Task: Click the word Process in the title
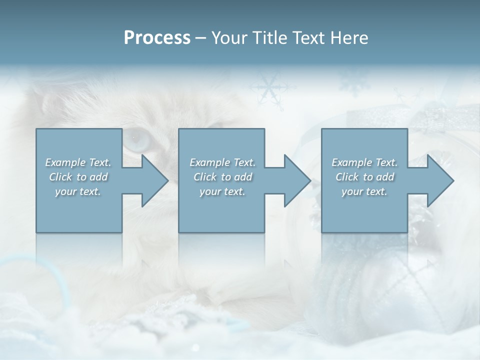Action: point(157,38)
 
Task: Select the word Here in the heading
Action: point(349,38)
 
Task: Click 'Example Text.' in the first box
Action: point(78,162)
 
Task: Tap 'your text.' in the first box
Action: point(78,191)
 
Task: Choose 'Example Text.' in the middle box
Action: point(222,162)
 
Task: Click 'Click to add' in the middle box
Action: point(222,177)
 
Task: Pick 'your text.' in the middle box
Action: point(222,191)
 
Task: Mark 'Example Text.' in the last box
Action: point(364,162)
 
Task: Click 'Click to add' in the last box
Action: point(364,177)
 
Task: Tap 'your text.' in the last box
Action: point(364,191)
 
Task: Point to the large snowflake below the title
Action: point(269,88)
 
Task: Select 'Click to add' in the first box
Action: point(78,177)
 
